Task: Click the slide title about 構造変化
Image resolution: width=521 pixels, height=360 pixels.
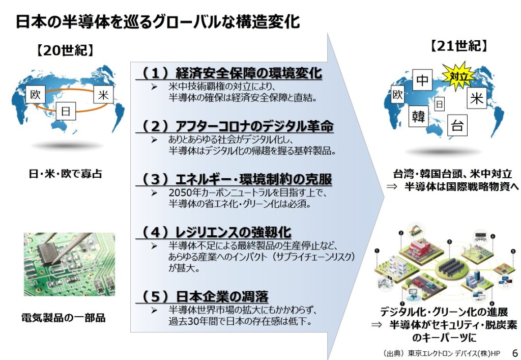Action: (157, 21)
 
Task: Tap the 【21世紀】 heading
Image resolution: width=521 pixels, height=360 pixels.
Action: (459, 45)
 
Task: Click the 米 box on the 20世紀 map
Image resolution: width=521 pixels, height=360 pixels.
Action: (103, 94)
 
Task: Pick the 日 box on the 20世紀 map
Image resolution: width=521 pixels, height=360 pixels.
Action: (65, 110)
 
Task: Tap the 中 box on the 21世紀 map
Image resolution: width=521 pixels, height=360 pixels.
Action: (423, 80)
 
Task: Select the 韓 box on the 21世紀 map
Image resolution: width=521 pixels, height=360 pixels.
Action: (418, 116)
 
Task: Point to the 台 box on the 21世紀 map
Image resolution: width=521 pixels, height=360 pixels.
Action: (457, 125)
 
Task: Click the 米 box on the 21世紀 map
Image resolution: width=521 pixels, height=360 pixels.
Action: (477, 98)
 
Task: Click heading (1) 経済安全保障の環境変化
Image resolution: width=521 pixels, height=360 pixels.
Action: (231, 73)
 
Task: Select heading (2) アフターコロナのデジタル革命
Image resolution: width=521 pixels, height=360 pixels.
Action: (237, 125)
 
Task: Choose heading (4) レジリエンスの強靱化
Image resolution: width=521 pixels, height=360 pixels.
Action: (216, 232)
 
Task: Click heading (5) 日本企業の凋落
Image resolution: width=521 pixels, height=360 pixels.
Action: (205, 296)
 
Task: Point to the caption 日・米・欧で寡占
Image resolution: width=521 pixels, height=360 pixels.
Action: (65, 174)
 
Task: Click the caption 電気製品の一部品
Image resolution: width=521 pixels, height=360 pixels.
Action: (63, 318)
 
